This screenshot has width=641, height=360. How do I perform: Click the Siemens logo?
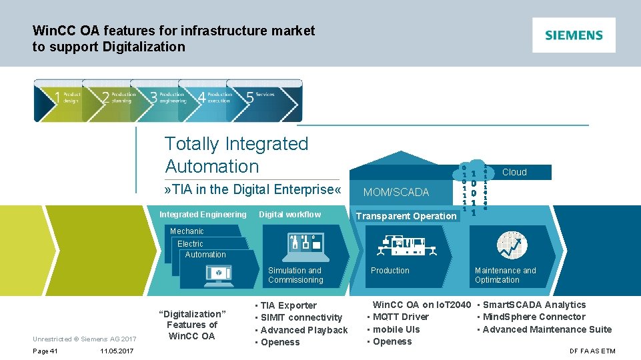coord(574,35)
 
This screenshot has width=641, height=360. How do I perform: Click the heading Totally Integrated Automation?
coord(236,155)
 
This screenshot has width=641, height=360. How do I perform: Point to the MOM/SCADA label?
coord(396,192)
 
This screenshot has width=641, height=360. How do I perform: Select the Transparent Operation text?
coord(406,216)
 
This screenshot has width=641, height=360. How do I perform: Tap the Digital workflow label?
coord(289,215)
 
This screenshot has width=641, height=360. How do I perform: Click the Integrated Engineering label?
coord(203,215)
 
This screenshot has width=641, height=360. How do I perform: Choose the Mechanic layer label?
coord(187,231)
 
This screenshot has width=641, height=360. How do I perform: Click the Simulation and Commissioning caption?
coord(295,275)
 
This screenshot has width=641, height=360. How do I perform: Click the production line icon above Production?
coord(405,247)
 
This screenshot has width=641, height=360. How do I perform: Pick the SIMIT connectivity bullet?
coord(301,318)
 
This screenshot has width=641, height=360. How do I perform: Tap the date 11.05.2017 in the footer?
coord(117,351)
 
